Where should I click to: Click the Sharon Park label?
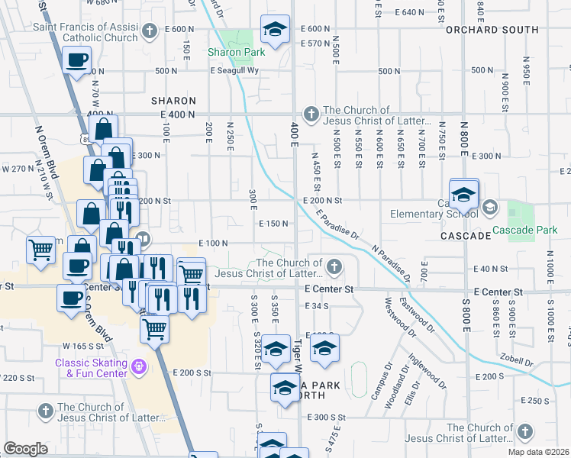pos(237,52)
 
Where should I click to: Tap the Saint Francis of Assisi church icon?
pos(150,31)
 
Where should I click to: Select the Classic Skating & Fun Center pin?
pos(138,367)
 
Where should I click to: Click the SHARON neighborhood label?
pos(173,101)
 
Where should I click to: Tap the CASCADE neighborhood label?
pos(465,236)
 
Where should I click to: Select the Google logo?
pos(25,449)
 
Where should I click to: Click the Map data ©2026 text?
pos(538,452)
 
